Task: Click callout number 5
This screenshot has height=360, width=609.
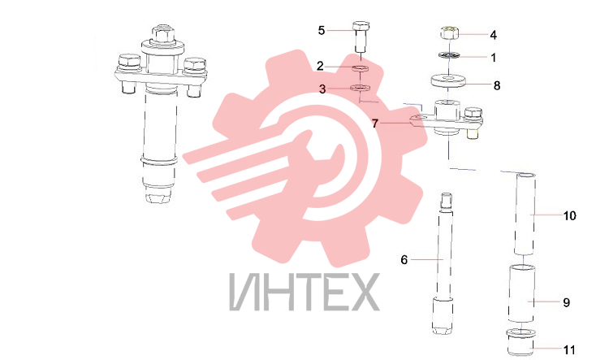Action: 322,30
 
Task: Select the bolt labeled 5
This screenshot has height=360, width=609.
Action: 361,37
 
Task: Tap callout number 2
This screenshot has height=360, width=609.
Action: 320,66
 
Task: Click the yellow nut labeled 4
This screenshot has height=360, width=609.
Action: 450,33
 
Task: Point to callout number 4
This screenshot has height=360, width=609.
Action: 493,35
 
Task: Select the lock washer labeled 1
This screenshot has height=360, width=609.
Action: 449,55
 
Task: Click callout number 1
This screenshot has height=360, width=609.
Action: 494,58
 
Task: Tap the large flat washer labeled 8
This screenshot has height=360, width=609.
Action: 449,81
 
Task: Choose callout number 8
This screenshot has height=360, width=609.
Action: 497,85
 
